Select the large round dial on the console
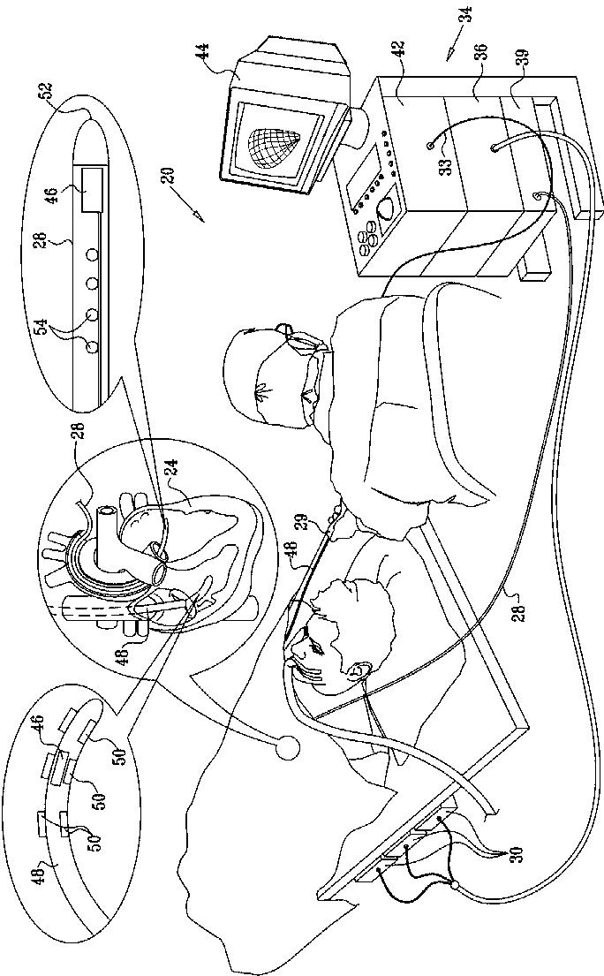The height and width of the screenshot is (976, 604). tap(386, 211)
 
